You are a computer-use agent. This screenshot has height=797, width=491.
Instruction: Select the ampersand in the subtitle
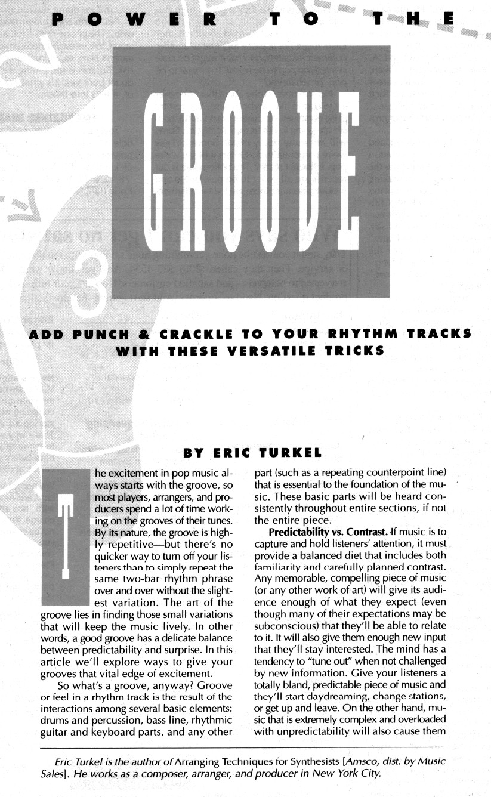(158, 333)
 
